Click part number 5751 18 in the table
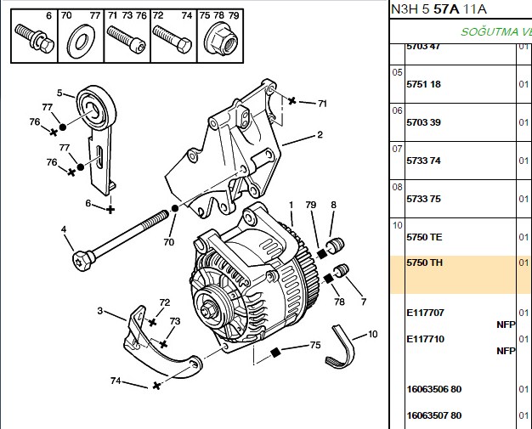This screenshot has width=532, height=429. click(x=423, y=84)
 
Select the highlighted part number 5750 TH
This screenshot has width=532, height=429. click(x=424, y=262)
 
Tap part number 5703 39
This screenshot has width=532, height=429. click(x=423, y=122)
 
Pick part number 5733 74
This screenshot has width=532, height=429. click(x=423, y=161)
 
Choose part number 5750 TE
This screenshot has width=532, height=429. click(x=424, y=237)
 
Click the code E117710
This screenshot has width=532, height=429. click(x=426, y=339)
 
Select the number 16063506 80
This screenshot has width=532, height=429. click(x=434, y=389)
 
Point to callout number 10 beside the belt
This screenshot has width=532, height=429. click(x=372, y=335)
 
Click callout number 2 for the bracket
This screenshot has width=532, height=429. click(x=320, y=134)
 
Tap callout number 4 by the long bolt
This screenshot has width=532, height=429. click(x=64, y=229)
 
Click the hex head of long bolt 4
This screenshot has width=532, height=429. click(x=82, y=261)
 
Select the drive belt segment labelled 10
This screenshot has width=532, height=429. click(x=341, y=347)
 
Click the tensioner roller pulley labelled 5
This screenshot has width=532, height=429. click(x=96, y=108)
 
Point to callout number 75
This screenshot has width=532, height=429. click(x=315, y=345)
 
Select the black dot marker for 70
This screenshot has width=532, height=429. click(x=175, y=209)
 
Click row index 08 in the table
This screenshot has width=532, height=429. click(x=397, y=187)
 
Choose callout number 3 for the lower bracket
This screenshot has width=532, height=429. click(x=100, y=311)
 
